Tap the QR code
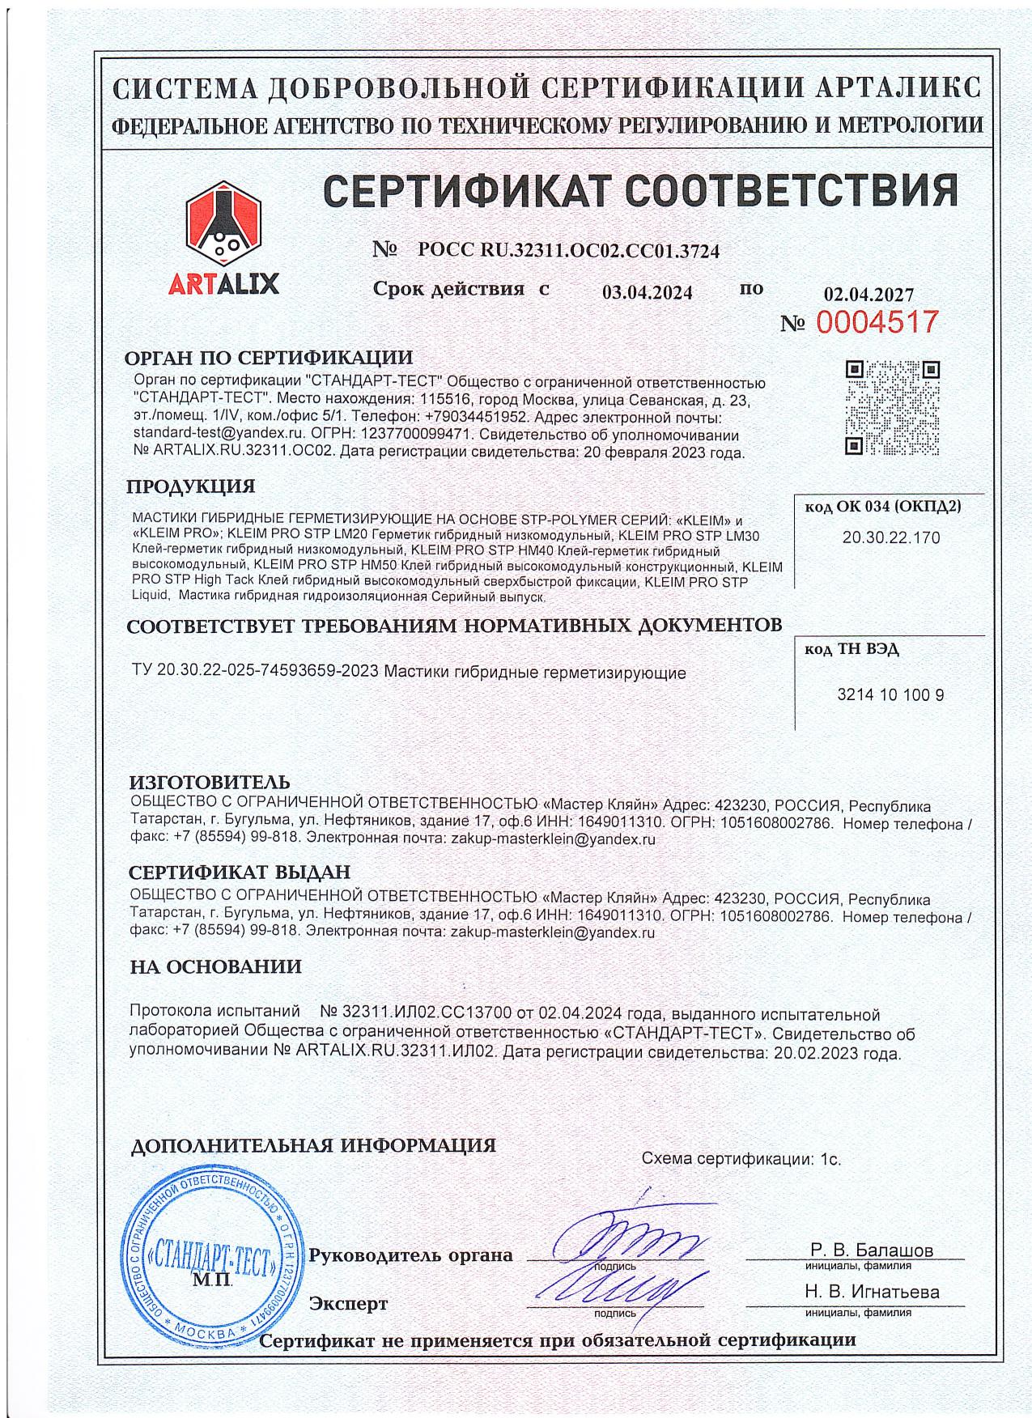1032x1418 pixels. [x=893, y=408]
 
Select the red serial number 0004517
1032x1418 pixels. [x=877, y=322]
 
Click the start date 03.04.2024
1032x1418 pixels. [x=647, y=293]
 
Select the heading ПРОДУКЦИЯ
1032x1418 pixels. [x=190, y=486]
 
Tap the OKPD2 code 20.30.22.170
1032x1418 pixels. [x=891, y=537]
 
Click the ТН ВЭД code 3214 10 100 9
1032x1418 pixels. [x=890, y=694]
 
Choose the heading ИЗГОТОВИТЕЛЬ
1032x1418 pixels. [x=210, y=782]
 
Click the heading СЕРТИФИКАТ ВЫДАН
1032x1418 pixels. [x=240, y=872]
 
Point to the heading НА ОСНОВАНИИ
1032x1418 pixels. [x=215, y=966]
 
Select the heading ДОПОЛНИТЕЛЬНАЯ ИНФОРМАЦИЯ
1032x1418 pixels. [x=313, y=1145]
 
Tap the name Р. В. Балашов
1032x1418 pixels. [x=871, y=1250]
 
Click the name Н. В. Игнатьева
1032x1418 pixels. [x=871, y=1292]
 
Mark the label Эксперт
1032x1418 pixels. [x=349, y=1304]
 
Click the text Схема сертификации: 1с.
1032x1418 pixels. [x=741, y=1159]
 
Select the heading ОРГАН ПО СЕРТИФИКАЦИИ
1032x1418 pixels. [x=269, y=358]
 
